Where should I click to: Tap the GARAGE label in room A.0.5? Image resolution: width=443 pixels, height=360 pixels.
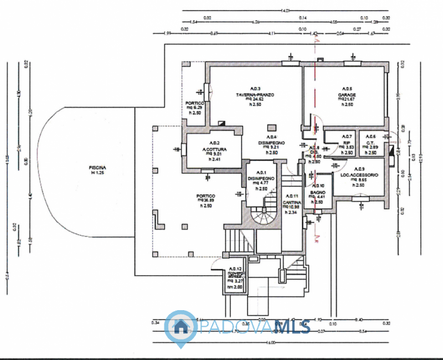pyautogui.click(x=347, y=95)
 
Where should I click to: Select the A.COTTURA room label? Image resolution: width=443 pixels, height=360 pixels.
pyautogui.click(x=214, y=150)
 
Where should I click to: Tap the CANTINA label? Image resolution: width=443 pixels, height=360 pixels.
pyautogui.click(x=291, y=202)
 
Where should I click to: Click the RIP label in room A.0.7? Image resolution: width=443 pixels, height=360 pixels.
pyautogui.click(x=347, y=142)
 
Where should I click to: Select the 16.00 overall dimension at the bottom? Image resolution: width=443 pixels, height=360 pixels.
pyautogui.click(x=271, y=343)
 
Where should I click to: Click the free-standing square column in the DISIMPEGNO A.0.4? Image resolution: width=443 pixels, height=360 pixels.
pyautogui.click(x=270, y=127)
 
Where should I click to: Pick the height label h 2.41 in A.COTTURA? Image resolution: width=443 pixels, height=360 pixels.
pyautogui.click(x=214, y=160)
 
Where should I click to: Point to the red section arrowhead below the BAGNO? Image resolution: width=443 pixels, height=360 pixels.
pyautogui.click(x=315, y=240)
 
